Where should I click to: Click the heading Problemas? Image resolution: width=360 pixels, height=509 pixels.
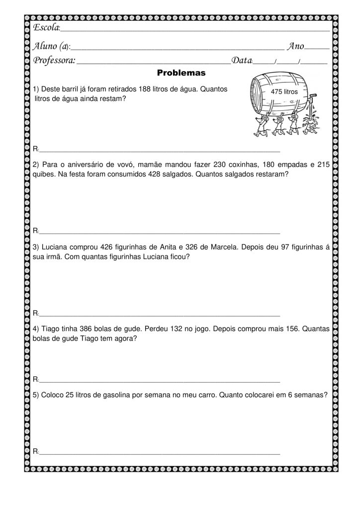[181, 73]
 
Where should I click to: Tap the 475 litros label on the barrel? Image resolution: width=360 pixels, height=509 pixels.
[283, 92]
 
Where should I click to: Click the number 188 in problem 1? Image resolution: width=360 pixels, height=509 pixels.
[149, 89]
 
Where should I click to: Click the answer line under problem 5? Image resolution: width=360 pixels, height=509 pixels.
[159, 454]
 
